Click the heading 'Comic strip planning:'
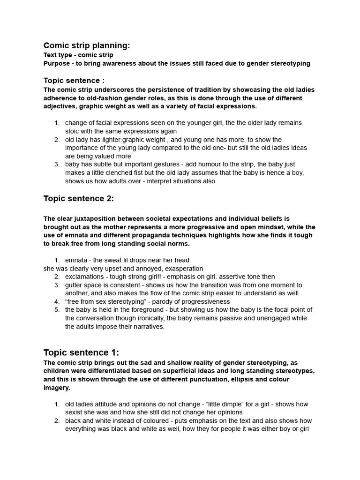(x=87, y=45)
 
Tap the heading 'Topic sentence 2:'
(x=79, y=198)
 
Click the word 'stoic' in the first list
(x=73, y=131)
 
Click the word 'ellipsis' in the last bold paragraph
(x=240, y=379)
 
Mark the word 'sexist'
(x=75, y=412)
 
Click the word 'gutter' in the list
(x=74, y=285)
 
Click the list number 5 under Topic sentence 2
(x=56, y=310)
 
